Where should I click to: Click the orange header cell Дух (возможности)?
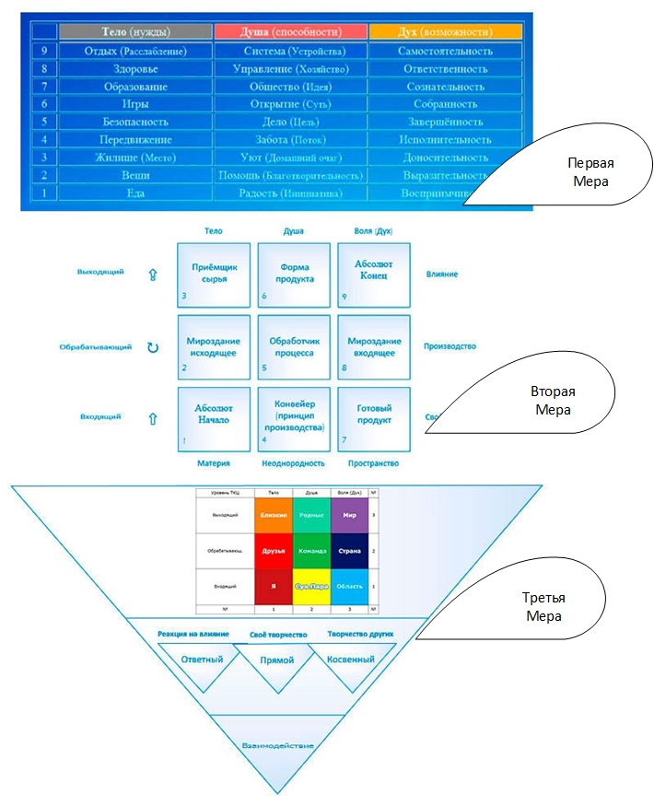[x=446, y=31]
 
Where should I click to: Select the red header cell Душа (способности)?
[x=290, y=31]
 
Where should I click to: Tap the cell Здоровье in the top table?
[x=135, y=68]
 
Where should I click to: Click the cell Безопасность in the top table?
[x=135, y=122]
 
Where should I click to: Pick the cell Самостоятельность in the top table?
[x=445, y=51]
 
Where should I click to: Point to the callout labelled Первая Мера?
[x=571, y=173]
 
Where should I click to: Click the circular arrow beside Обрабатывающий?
[x=153, y=347]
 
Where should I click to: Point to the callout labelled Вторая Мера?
[x=553, y=401]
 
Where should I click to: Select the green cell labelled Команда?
[x=310, y=552]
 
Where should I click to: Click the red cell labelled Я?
[x=273, y=586]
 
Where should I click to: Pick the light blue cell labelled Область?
[x=348, y=586]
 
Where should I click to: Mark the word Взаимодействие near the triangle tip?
[x=277, y=745]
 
